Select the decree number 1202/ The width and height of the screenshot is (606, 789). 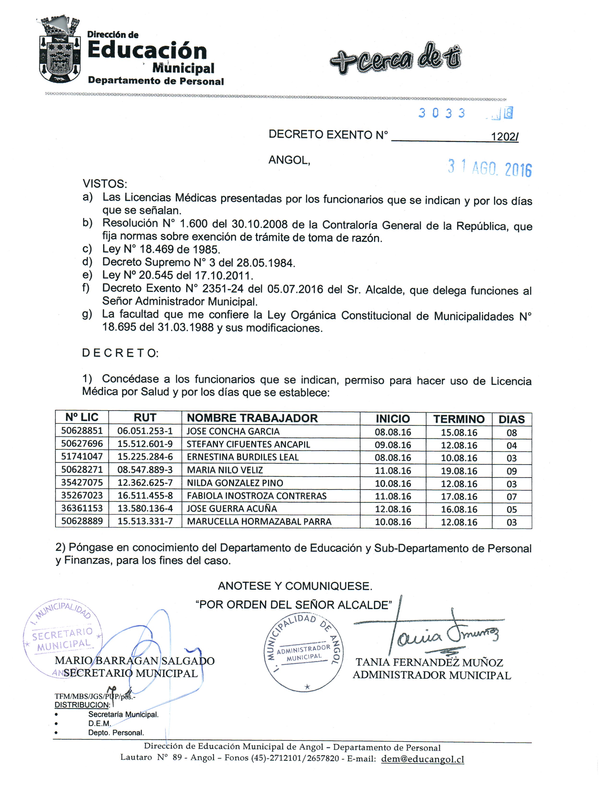coord(504,137)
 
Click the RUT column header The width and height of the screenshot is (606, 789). coord(145,418)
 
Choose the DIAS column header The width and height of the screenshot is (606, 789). coord(511,419)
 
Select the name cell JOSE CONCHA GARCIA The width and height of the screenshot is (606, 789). coord(233,431)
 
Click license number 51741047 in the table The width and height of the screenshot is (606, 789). coord(82,456)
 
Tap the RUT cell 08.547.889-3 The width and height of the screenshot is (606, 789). coord(145,470)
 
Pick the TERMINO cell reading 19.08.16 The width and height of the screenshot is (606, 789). coord(459,471)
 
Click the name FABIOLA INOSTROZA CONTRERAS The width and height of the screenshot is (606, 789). coord(257,496)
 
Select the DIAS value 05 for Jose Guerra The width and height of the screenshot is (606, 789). coord(511,510)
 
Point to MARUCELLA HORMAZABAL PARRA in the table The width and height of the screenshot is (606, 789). coord(259,522)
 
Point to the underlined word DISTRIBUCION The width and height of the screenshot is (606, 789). coord(82,705)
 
